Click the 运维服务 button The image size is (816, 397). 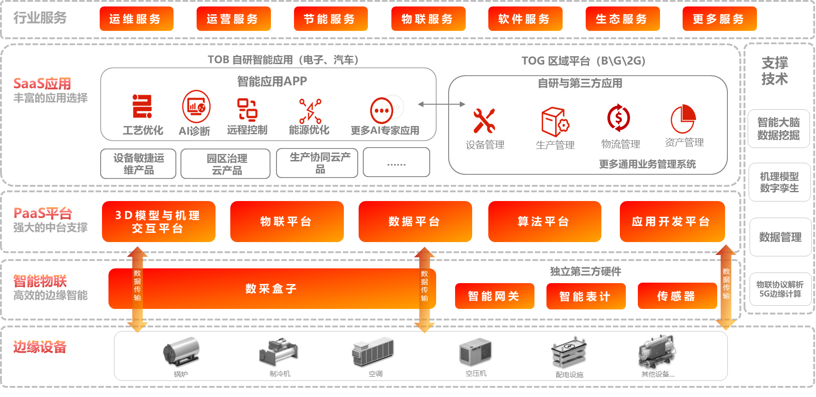coord(136,19)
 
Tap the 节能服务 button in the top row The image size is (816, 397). coord(330,19)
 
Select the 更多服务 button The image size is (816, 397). coord(719,19)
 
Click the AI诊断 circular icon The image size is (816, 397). coord(196,107)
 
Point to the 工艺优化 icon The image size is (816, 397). coord(142,107)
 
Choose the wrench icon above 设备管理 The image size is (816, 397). coord(484,120)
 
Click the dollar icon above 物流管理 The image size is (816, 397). coord(618,118)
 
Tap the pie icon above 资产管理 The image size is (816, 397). coord(683,119)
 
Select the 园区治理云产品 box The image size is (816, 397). coord(225,164)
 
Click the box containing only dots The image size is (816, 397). coord(396,162)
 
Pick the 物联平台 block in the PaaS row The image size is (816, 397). coord(287,221)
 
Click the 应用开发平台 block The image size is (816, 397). coord(672,221)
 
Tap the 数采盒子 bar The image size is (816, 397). coord(271,289)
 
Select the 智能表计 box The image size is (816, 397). coord(586,296)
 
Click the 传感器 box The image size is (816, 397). coord(677,296)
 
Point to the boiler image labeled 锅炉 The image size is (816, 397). coord(181,351)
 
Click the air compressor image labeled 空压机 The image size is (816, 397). coord(475,351)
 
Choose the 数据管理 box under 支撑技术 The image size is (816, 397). coord(780,237)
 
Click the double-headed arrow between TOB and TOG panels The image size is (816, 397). coord(441,104)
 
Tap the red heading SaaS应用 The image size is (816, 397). coord(42,83)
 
